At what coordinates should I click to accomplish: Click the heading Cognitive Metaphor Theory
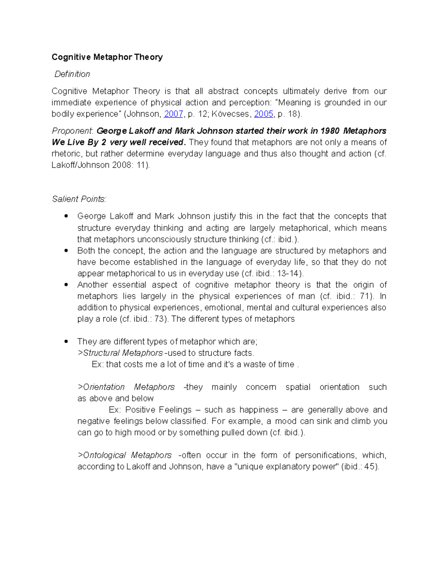[107, 57]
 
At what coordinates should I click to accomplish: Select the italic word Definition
[72, 74]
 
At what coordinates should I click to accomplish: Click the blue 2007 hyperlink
[173, 114]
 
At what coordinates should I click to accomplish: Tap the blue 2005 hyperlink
[263, 114]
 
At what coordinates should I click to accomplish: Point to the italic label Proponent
[72, 131]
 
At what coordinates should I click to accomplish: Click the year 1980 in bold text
[330, 131]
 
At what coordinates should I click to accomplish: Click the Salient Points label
[79, 199]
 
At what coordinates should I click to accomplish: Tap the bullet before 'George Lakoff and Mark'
[66, 217]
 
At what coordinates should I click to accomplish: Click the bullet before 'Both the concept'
[66, 251]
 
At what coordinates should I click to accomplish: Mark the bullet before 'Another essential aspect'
[66, 285]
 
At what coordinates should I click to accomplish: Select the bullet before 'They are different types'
[66, 342]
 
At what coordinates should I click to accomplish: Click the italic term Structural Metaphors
[123, 353]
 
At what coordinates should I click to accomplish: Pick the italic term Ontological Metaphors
[127, 455]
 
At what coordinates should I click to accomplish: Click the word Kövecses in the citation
[233, 114]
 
